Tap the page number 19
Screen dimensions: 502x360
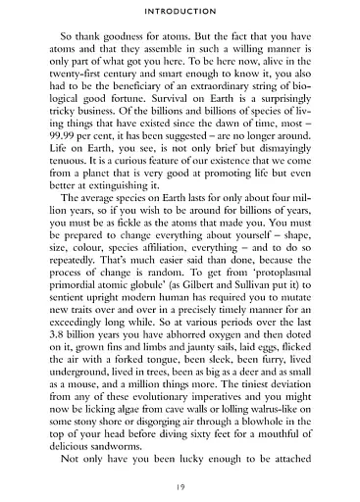click(180, 485)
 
